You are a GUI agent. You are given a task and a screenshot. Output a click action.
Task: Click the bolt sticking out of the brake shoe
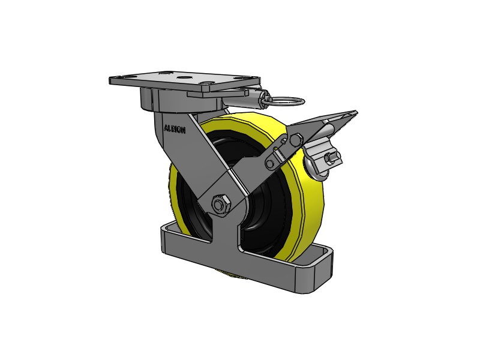pyautogui.click(x=331, y=159)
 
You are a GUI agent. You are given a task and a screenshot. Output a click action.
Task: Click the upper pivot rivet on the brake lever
pyautogui.click(x=295, y=140)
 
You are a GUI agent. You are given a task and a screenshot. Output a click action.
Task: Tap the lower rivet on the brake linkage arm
pyautogui.click(x=271, y=163)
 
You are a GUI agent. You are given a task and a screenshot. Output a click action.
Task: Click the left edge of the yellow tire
pyautogui.click(x=173, y=192)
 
